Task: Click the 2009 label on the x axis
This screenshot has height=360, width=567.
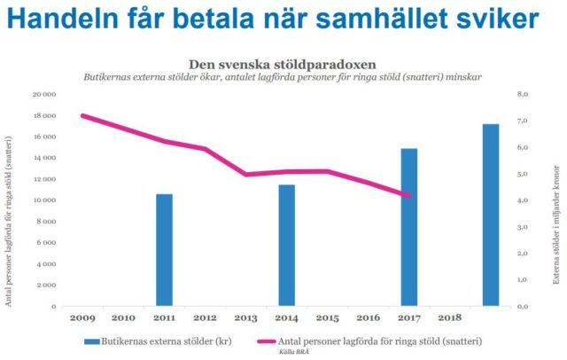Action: tap(82, 317)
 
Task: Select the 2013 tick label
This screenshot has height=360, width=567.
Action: tap(245, 317)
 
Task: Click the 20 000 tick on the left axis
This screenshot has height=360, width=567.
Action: tap(44, 93)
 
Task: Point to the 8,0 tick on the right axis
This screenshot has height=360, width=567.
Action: tap(523, 93)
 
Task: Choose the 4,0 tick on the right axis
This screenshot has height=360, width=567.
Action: tap(523, 200)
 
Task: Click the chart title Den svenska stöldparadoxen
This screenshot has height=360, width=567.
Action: tap(283, 64)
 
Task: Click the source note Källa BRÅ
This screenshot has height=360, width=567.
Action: tap(280, 352)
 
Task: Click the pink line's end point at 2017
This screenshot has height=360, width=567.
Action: tap(408, 196)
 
